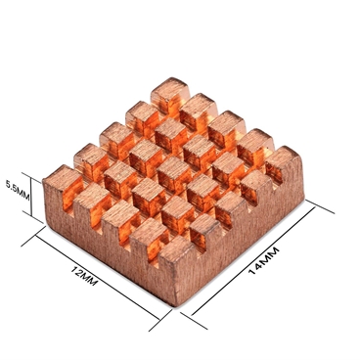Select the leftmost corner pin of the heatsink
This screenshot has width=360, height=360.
tap(61, 183)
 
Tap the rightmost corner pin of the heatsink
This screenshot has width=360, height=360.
tap(282, 164)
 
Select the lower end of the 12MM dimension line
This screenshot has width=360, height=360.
tap(159, 315)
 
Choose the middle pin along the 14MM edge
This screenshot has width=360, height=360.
tap(231, 207)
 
